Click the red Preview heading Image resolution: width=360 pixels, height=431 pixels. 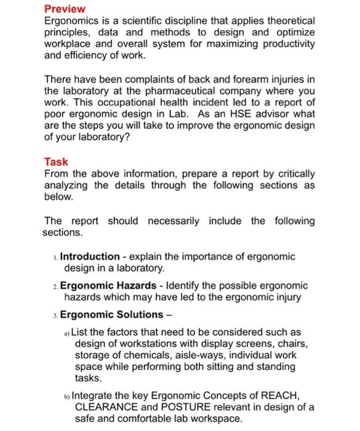(x=65, y=9)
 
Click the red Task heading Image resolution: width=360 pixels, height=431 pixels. (x=56, y=162)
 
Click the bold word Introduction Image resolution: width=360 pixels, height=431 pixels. (x=90, y=256)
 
